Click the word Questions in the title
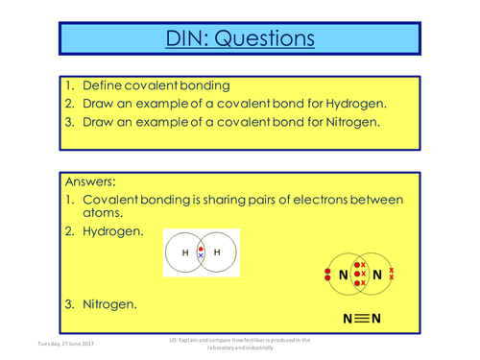[x=263, y=39]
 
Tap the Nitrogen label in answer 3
[x=109, y=304]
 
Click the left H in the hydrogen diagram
[x=185, y=252]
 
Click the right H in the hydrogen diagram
[x=217, y=252]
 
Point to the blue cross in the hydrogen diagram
[x=201, y=256]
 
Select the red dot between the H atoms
[x=201, y=248]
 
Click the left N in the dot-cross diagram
[x=344, y=275]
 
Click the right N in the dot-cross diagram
[x=376, y=275]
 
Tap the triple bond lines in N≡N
[x=361, y=318]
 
